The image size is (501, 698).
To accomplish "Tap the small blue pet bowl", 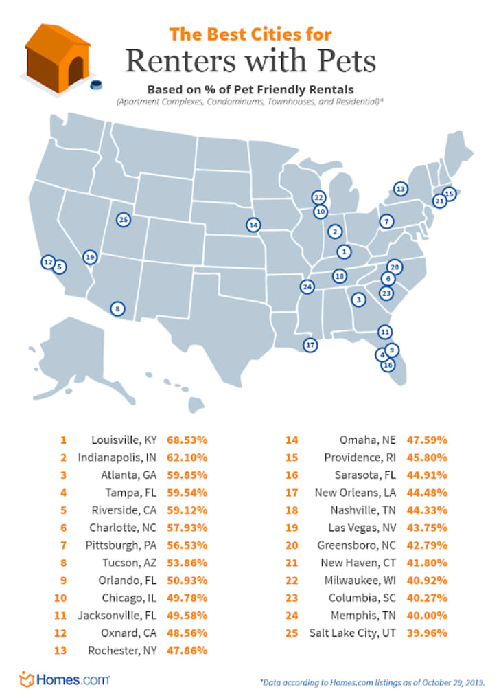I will point(95,85).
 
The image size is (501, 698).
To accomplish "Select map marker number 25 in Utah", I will point(124,220).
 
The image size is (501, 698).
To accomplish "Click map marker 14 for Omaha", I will point(253,225).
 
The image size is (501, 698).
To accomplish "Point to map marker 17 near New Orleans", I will point(310,345).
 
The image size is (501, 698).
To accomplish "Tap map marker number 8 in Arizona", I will point(118,309).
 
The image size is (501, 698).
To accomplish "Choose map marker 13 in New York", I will point(400,189).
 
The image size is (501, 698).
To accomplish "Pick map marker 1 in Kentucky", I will point(344,251).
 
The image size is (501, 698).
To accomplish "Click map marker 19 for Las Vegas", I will point(90,258).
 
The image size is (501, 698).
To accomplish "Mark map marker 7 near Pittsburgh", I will point(386,221).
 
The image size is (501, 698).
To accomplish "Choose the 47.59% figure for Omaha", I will point(428,439).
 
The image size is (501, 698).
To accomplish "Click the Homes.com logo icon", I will point(27,680).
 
